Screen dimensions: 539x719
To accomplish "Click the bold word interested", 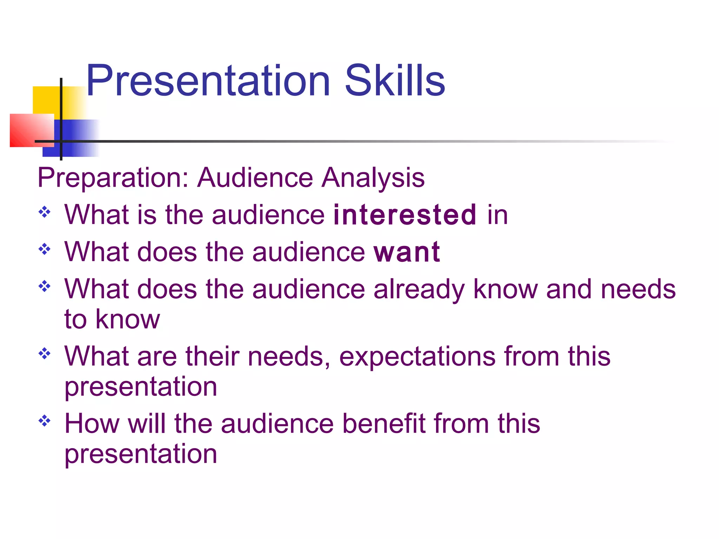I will tap(405, 214).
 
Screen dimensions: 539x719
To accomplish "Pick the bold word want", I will tap(407, 252).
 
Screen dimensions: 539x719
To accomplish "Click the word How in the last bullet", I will tap(92, 424).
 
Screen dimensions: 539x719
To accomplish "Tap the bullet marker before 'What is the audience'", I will tap(45, 212).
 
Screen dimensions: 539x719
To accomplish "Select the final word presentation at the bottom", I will tap(141, 454).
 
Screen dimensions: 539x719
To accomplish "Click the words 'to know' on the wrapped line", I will tap(112, 319).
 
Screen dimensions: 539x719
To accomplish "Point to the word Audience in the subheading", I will tap(255, 178).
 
